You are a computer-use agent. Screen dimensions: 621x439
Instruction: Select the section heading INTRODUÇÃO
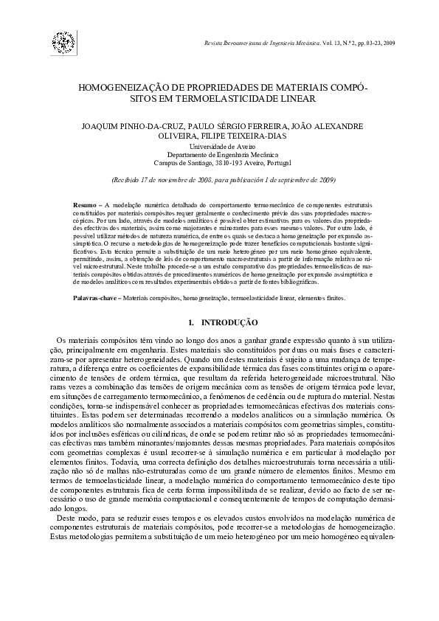pos(229,322)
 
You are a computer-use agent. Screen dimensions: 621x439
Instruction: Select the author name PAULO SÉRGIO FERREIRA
pos(237,126)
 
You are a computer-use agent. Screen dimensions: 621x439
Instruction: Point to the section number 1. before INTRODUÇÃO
pos(192,322)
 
